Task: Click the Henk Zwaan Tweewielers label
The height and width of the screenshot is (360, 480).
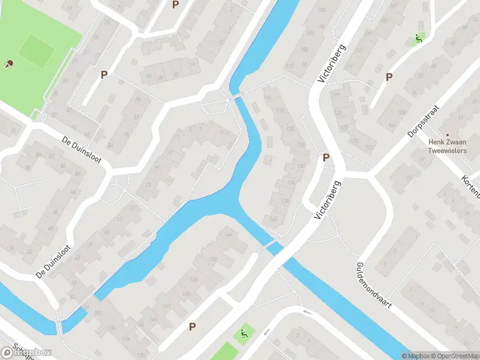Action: [447, 146]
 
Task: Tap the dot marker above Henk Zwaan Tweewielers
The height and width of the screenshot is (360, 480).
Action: [447, 134]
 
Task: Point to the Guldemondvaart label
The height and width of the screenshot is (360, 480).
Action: [373, 285]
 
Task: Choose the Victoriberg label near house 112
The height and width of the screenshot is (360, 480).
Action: [332, 64]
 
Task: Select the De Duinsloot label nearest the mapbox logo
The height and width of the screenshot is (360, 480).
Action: [58, 263]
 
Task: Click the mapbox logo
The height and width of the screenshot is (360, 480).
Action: [26, 352]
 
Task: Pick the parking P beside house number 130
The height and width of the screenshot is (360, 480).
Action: [326, 157]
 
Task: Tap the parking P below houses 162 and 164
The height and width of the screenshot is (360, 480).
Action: [193, 326]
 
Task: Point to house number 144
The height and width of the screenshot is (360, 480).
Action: [227, 234]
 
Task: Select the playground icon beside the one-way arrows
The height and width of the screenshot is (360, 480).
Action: [244, 334]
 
